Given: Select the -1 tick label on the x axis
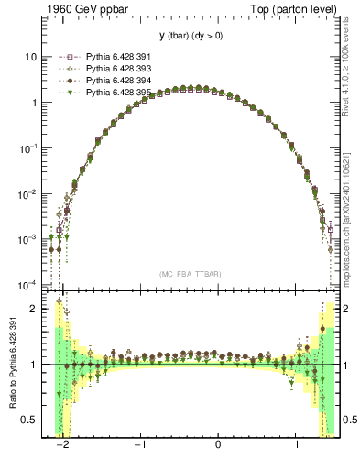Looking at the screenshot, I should click(x=139, y=446).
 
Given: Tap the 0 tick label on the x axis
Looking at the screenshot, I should click(x=218, y=446).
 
